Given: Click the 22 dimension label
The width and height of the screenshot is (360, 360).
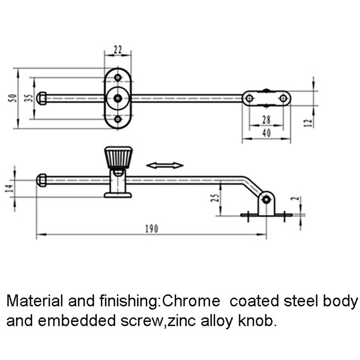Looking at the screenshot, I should (x=118, y=50).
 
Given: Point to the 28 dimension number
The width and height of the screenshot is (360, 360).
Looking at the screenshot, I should (x=266, y=120).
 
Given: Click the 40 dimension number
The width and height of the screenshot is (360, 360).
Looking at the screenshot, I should (x=266, y=134).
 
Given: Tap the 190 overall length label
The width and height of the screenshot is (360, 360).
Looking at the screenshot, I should (x=151, y=229).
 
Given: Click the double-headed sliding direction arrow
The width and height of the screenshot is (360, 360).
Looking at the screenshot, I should (x=165, y=166).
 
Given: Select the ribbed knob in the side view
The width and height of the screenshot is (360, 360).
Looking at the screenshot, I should (x=118, y=157).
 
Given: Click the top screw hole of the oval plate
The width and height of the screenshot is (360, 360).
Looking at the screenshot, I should (x=118, y=77).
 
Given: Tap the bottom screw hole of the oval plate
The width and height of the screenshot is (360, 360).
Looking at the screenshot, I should (x=118, y=119).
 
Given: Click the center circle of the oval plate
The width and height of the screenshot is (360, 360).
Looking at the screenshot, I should (x=118, y=98).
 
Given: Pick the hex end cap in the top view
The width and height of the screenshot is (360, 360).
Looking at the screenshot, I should (x=41, y=98).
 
